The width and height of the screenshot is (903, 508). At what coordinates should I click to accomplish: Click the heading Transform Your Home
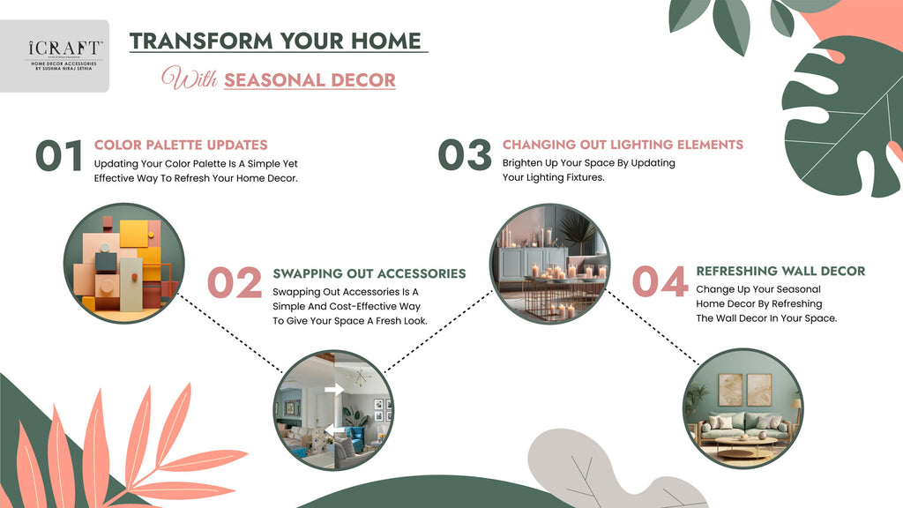pos(276,41)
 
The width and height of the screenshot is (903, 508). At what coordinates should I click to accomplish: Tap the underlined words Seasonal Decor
pos(310,79)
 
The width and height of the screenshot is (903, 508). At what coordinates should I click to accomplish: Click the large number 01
pos(59,155)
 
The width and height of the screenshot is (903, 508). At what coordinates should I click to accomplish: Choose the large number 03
pos(465,155)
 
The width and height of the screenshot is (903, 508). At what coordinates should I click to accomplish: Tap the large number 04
pos(660,282)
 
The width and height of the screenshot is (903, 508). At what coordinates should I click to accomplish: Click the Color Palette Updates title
pos(181,145)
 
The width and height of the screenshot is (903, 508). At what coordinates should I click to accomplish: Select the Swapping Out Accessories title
pos(369,274)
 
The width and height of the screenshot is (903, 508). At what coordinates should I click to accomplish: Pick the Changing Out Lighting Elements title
pos(623,145)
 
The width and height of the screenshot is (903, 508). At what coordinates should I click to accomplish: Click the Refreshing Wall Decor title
pos(780,271)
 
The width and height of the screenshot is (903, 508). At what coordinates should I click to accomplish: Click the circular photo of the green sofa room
pos(743,408)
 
